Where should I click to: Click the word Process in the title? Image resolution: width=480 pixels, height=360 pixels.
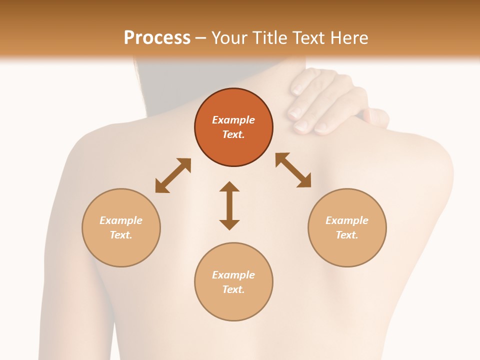click(x=157, y=37)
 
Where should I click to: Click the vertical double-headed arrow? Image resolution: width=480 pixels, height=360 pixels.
click(x=229, y=206)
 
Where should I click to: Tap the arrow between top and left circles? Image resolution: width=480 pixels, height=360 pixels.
click(x=173, y=175)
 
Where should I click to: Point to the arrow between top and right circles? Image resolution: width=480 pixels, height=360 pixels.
click(x=293, y=170)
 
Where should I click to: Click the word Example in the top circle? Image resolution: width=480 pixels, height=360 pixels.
click(x=233, y=120)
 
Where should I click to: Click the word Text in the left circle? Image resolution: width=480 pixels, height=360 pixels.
click(x=121, y=235)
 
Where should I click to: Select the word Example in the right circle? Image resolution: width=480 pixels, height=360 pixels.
click(x=347, y=220)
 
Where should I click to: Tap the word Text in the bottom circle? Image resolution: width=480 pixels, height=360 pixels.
click(x=233, y=289)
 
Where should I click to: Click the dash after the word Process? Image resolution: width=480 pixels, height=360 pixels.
click(x=201, y=38)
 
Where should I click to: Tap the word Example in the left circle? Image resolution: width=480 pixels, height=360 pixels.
click(x=121, y=220)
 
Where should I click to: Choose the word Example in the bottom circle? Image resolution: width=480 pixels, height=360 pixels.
click(x=233, y=275)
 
